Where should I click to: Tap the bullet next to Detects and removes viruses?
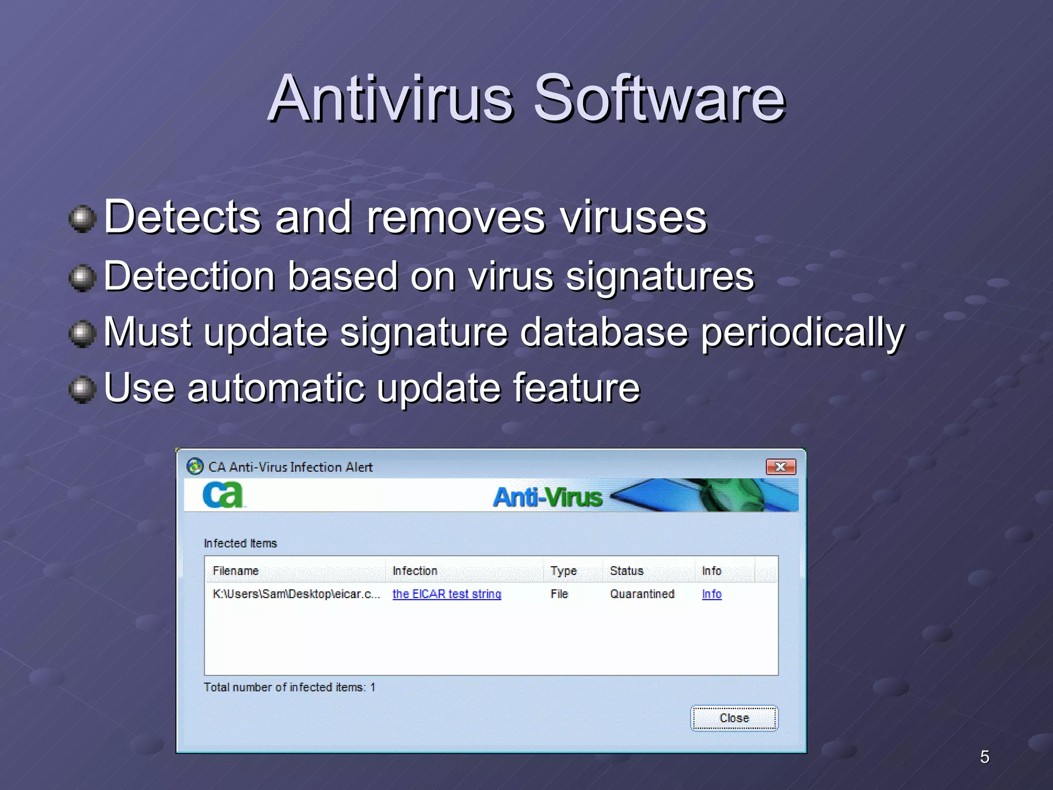point(82,220)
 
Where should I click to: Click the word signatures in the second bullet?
point(660,277)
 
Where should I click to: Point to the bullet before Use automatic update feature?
point(82,390)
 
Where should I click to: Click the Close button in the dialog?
point(734,718)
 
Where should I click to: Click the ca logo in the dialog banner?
point(223,495)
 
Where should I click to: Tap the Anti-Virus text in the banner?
point(548,497)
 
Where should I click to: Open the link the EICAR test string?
point(446,594)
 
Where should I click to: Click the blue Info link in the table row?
point(712,594)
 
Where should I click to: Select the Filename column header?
point(235,571)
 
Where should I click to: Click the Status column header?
point(626,571)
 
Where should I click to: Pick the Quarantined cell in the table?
point(642,594)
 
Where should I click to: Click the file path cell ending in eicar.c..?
point(296,594)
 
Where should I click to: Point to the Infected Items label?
point(240,543)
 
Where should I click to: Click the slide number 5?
point(984,757)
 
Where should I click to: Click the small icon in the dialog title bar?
point(195,466)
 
